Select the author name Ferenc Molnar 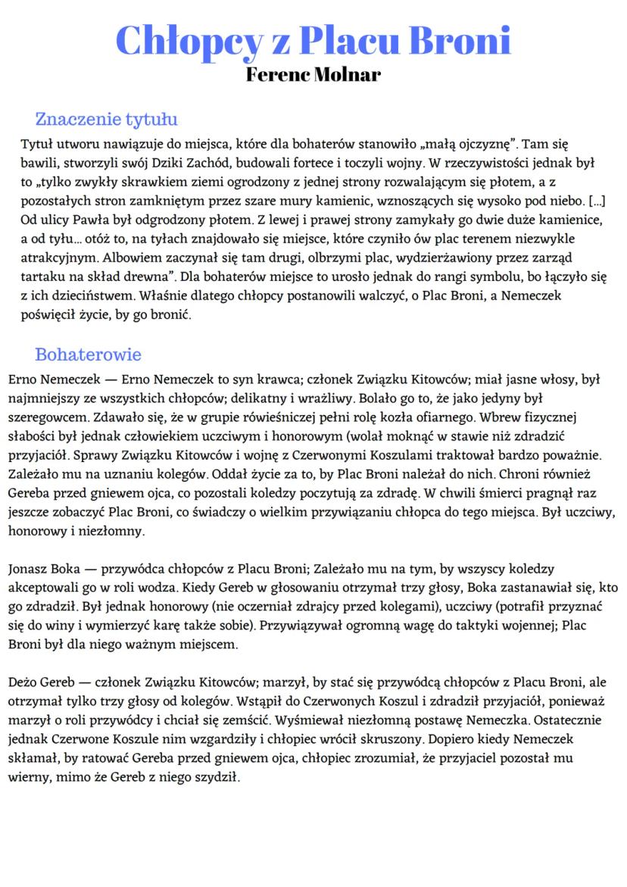pyautogui.click(x=313, y=75)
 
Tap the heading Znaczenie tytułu pyautogui.click(x=106, y=119)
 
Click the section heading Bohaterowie pyautogui.click(x=88, y=354)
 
